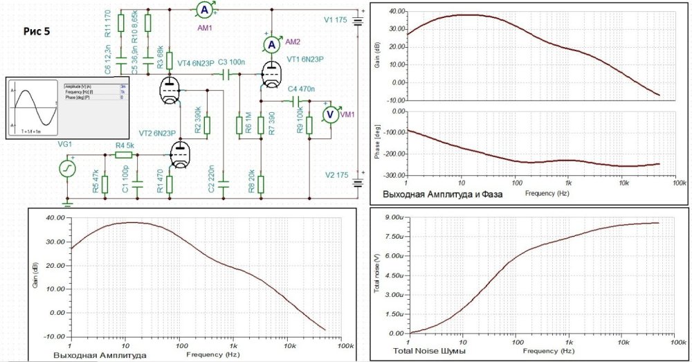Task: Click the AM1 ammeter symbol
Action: coord(204,10)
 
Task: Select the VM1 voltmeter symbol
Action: coord(331,114)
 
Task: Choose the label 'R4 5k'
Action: coord(125,145)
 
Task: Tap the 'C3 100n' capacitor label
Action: coord(232,62)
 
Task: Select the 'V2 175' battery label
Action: coord(337,176)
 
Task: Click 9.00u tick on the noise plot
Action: coord(393,217)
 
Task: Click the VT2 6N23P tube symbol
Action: coord(181,154)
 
